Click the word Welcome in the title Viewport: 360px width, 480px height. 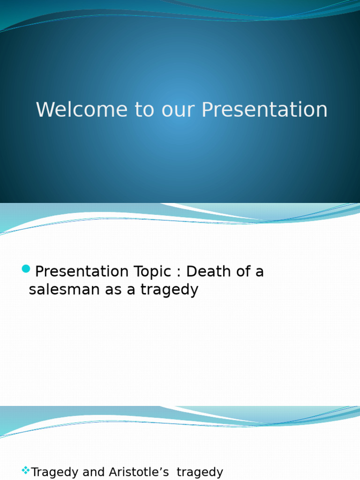pos(82,110)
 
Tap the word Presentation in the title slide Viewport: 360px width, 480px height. pos(264,110)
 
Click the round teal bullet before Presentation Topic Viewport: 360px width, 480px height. pos(26,269)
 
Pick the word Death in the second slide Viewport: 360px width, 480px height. pos(207,271)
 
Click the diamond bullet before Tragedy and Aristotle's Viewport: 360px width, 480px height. pos(26,470)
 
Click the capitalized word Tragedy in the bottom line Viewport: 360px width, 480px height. pos(54,472)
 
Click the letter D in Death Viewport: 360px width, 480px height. pos(191,271)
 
